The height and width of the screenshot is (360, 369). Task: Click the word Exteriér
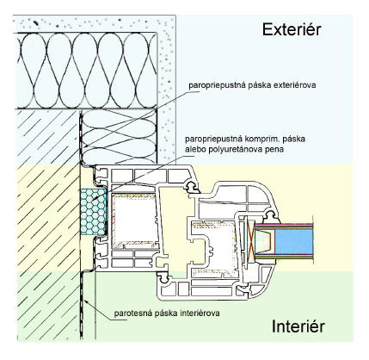[x=292, y=30]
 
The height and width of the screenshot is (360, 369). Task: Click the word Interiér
[x=298, y=326]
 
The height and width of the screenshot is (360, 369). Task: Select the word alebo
[x=193, y=149]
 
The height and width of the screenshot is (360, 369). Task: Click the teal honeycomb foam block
[x=93, y=212]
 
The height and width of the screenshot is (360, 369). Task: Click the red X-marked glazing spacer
[x=249, y=240]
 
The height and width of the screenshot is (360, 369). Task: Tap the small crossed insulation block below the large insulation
[x=119, y=137]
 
